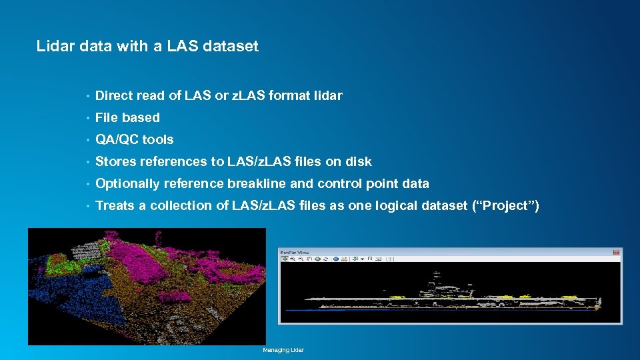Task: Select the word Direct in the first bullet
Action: [x=114, y=95]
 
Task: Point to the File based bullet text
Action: [x=127, y=117]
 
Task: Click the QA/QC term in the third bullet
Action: [x=117, y=139]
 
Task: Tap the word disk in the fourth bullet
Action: [x=359, y=161]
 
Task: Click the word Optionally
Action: [x=127, y=183]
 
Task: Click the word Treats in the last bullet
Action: [x=115, y=205]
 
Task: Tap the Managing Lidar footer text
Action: [x=283, y=350]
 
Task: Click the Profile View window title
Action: [x=295, y=252]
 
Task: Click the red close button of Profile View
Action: [x=617, y=252]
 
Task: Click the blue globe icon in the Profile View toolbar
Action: [x=336, y=259]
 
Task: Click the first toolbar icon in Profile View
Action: [x=285, y=259]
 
